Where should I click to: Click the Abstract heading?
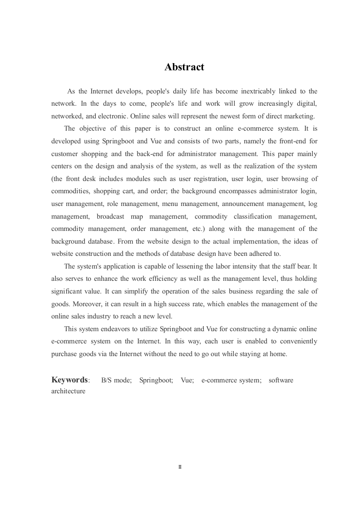184,67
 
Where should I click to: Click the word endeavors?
105,328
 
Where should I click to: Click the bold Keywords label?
70,380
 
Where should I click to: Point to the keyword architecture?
68,391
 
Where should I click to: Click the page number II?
180,466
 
